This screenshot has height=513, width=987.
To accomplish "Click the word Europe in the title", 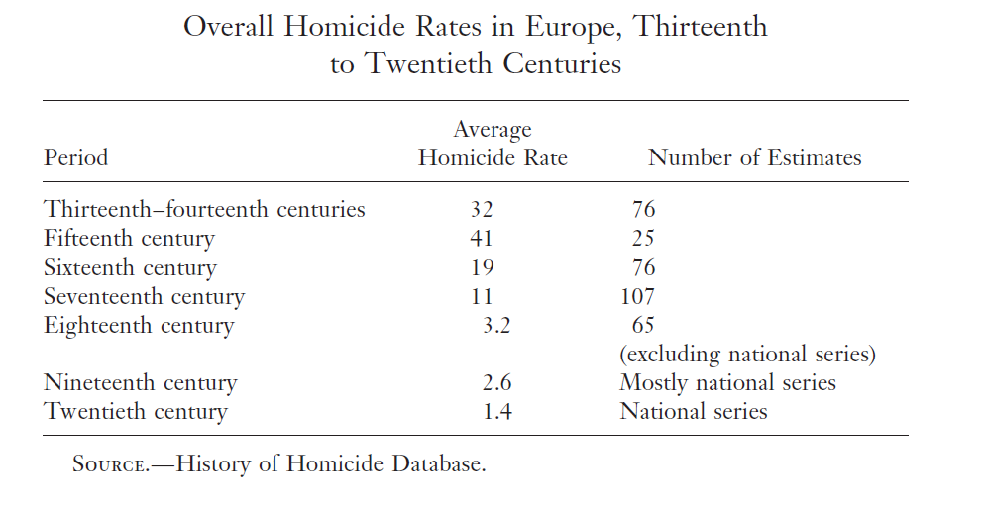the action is pos(573,27).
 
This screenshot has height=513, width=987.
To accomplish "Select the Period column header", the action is pos(75,157).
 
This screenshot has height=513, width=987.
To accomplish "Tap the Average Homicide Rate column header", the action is pos(493,144).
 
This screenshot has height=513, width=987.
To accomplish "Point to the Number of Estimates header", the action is pos(755,157).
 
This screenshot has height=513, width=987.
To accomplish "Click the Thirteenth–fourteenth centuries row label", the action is pos(204,209).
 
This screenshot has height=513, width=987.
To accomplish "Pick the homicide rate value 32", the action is pos(482,209).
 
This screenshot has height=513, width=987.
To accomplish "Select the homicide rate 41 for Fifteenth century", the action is pos(482,238).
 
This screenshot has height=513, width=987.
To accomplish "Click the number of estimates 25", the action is pos(643,238).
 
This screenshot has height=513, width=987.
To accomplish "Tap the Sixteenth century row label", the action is pos(130,267).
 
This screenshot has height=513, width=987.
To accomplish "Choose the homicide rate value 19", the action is pos(483,267).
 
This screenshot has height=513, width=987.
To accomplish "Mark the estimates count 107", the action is pos(637,296).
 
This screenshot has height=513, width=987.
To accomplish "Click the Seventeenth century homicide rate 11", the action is pos(482,296).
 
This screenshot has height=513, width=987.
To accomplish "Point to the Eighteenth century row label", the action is pos(139,326).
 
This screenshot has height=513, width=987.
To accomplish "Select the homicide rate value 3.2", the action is pos(496,326).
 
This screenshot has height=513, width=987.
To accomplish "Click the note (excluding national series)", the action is pos(748,354).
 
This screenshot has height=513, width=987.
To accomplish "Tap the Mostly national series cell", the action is pos(727,382).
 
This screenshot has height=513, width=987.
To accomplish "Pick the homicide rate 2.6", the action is pos(496,382).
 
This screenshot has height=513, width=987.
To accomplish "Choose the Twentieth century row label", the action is pos(136,412).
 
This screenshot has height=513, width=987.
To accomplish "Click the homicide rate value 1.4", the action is pos(497,412).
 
